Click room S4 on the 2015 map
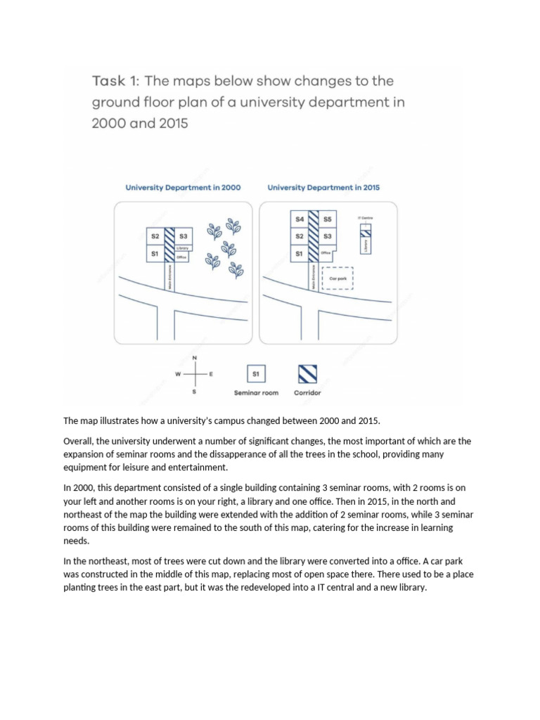coord(300,219)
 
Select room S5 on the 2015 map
coord(327,219)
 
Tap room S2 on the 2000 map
coord(155,236)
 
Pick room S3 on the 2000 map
coord(184,236)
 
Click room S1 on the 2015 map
coord(300,252)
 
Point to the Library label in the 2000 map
coord(182,248)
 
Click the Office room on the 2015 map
coord(326,252)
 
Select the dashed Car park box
coord(337,278)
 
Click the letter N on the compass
coord(195,358)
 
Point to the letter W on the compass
coord(178,374)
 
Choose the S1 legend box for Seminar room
coord(256,373)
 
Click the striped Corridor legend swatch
coord(307,373)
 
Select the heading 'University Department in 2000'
coord(183,188)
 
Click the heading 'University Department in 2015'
coord(323,188)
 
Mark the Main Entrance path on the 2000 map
coord(169,276)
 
